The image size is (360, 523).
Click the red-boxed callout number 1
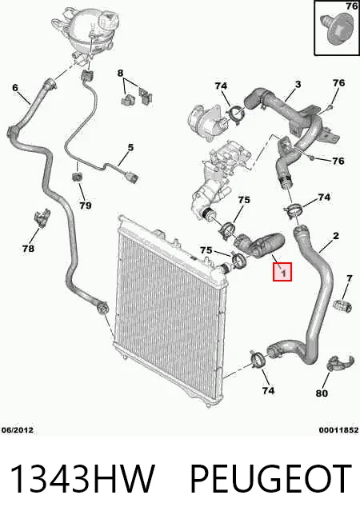[282, 272]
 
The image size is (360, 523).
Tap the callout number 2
[335, 236]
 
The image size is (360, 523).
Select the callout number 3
[298, 84]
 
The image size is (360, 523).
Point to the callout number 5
[130, 147]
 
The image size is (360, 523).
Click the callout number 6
[15, 88]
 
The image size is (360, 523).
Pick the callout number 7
[349, 277]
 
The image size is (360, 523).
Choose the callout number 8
[120, 73]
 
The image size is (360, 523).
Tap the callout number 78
[28, 248]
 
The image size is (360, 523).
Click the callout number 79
[86, 206]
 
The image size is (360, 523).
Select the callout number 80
[322, 393]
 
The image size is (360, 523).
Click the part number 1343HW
[82, 479]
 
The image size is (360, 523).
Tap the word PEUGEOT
[270, 479]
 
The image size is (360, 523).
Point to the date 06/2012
[18, 430]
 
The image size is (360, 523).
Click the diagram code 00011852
[338, 430]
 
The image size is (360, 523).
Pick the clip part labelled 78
[42, 218]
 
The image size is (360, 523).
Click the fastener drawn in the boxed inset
[336, 28]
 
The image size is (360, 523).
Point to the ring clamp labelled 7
[342, 305]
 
